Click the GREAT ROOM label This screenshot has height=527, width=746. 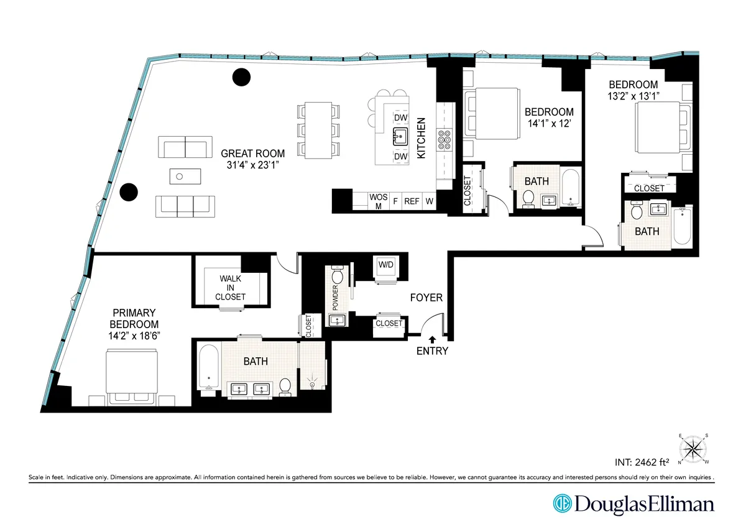pos(253,154)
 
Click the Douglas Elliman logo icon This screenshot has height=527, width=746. pos(563,504)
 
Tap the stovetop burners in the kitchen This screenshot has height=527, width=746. pos(445,140)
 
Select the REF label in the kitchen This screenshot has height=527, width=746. pos(412,201)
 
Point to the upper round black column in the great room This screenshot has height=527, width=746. pos(241,77)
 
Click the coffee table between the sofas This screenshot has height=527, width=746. pos(186,176)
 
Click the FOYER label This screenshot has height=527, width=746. pos(426,298)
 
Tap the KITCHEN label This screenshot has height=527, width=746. pos(421,139)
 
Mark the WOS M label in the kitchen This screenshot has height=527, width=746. pos(379,201)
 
